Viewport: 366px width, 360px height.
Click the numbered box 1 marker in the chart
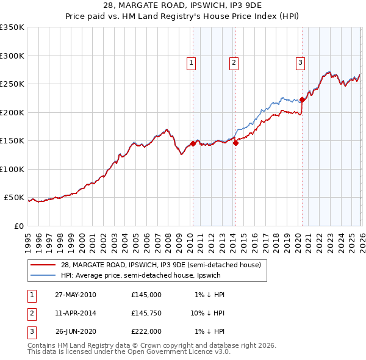[192, 62]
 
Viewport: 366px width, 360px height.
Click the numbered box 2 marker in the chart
[234, 62]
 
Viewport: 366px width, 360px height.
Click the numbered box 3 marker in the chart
[300, 62]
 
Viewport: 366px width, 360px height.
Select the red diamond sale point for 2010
[193, 143]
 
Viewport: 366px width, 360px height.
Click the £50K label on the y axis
[14, 198]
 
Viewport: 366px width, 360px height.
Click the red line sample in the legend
[44, 265]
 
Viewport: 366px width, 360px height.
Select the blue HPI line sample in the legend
[44, 275]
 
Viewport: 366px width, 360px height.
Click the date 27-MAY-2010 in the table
[76, 295]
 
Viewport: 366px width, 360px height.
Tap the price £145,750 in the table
[146, 313]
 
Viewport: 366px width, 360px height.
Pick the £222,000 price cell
[146, 331]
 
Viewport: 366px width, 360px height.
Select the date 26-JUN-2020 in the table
[76, 331]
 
